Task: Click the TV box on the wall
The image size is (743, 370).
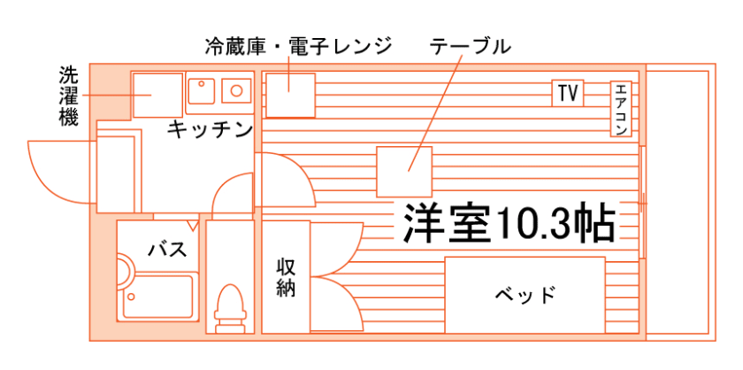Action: click(568, 93)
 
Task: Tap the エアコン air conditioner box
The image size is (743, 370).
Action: click(620, 110)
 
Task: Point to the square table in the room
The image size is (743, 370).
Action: click(404, 172)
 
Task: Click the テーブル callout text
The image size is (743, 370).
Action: click(470, 46)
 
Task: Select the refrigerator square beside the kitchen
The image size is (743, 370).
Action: click(290, 95)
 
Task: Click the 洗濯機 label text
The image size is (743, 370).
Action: click(68, 96)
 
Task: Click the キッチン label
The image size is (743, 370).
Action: click(211, 130)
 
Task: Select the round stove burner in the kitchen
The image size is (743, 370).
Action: click(237, 89)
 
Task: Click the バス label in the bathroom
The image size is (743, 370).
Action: click(166, 250)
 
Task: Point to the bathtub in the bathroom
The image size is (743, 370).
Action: click(159, 297)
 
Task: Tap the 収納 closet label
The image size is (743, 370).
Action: click(285, 277)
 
